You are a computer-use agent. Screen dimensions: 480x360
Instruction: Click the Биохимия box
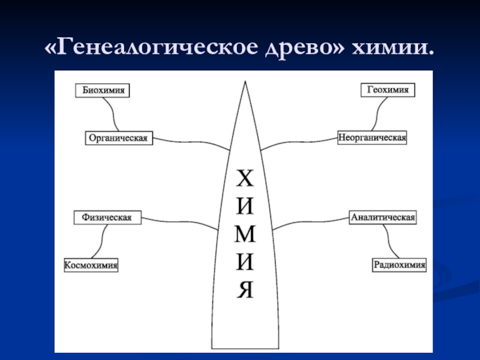point(103,90)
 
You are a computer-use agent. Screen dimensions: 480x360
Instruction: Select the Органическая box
point(118,138)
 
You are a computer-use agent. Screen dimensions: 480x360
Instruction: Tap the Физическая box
point(107,217)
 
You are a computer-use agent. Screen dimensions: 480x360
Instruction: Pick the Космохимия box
point(91,265)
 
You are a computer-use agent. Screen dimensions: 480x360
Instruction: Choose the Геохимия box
point(388,89)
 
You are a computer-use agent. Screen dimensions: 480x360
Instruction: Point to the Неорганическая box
point(372,137)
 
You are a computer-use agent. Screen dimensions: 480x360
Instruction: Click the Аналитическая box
point(383,217)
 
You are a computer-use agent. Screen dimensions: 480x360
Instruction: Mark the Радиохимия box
point(399,264)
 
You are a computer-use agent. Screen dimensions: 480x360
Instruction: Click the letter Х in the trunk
point(244,178)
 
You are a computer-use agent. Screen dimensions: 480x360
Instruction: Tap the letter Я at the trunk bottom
point(244,290)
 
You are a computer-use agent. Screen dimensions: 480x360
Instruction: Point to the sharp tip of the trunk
point(244,82)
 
